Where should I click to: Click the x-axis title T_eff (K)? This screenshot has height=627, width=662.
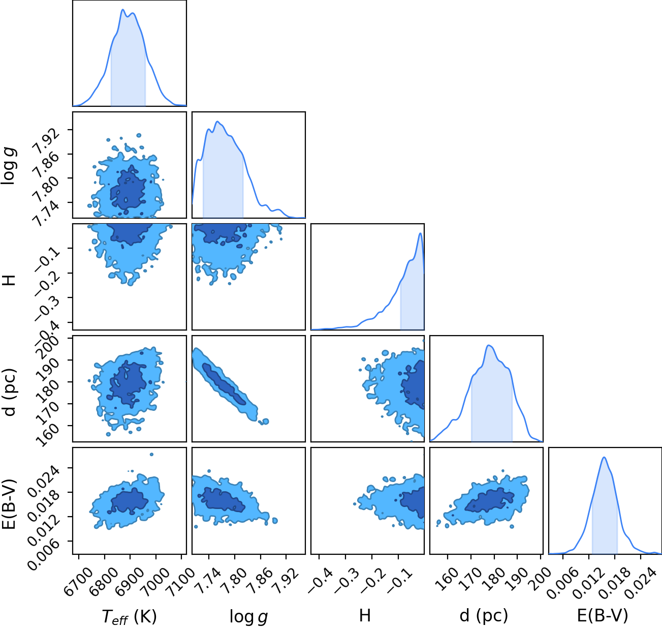point(130,616)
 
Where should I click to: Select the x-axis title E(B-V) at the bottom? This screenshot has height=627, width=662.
point(603,615)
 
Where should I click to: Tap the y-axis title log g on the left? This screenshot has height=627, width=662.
point(9,166)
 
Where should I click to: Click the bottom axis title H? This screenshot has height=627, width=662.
point(365,615)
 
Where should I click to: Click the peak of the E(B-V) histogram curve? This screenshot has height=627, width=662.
point(604,457)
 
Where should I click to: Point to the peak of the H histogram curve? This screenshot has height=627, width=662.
point(420,233)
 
